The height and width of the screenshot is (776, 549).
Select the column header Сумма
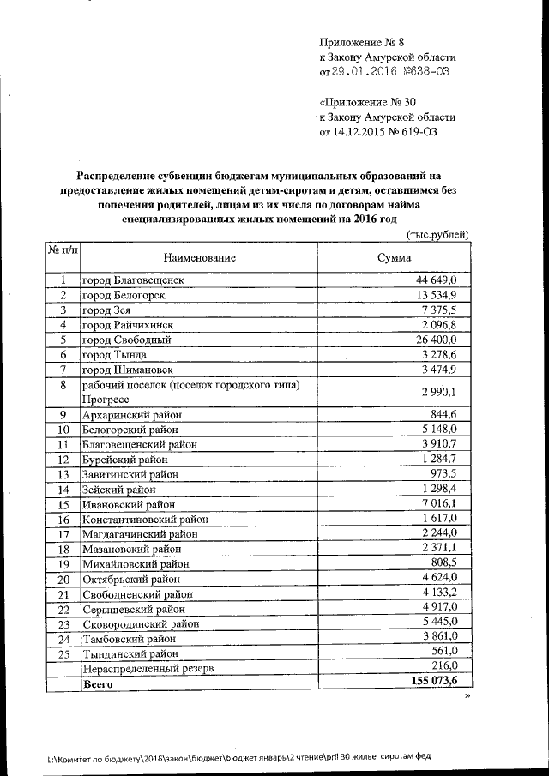tap(394, 257)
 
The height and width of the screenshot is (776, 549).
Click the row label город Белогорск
tap(124, 295)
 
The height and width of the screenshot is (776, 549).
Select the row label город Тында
tap(114, 354)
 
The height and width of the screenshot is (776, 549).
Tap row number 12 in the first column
tap(63, 460)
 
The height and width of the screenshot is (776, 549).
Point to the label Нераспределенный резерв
tap(146, 668)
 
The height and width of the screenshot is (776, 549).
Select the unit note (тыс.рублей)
tap(437, 234)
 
